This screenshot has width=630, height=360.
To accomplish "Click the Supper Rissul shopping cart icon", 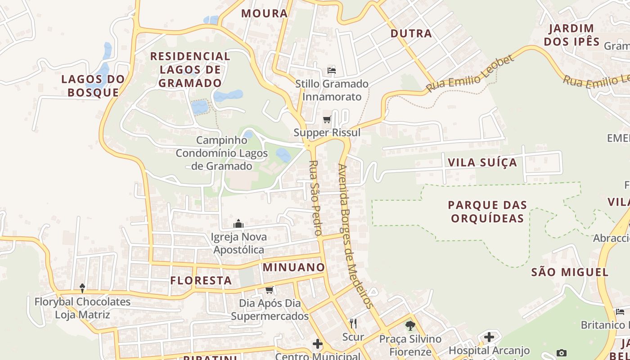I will tap(327, 120).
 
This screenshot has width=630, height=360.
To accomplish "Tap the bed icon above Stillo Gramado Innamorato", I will tap(332, 70).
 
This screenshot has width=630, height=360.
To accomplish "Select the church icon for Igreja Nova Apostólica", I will tap(238, 224).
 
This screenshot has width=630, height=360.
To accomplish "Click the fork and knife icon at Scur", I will tap(353, 323).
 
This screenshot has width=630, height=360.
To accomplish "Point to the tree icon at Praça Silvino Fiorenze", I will tap(410, 325).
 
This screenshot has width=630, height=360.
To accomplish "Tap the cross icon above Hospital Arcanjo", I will tap(489, 337).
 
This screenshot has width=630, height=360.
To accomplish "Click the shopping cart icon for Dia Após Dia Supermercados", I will tap(270, 290).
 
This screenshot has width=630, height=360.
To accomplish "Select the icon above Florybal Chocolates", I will tap(82, 288).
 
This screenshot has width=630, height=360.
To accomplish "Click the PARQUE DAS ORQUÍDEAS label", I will tap(487, 211).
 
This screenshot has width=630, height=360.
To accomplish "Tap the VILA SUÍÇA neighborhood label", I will tap(482, 162).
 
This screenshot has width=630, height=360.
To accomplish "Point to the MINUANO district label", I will tap(294, 267).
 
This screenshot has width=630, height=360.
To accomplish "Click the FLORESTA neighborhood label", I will tap(201, 280).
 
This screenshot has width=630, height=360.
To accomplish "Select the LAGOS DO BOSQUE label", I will tap(93, 86).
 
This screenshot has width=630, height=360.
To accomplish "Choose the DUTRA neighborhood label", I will tap(411, 33).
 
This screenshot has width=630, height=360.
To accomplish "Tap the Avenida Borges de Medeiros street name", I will tap(355, 236).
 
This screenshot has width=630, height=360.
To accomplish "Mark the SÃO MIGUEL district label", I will tap(570, 272).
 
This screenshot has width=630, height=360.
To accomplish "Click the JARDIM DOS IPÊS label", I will tap(571, 35).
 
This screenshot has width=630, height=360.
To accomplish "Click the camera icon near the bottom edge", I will tap(561, 353).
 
